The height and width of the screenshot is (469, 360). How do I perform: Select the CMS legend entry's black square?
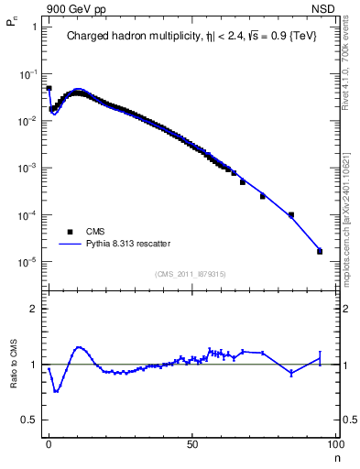pos(69,232)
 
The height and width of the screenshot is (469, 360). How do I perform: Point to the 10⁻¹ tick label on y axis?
pos(27,73)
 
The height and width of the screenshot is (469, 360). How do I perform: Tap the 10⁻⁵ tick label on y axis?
pos(27,263)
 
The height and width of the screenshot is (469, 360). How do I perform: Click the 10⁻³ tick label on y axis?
pos(27,169)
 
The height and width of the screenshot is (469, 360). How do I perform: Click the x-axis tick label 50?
pos(192,442)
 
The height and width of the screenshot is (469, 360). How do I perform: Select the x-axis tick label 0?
pos(49,442)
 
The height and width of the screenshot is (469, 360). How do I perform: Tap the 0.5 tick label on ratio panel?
pos(29,420)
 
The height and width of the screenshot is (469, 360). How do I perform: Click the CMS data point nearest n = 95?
pos(320,251)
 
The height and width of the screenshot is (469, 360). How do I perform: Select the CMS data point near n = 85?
pos(290,215)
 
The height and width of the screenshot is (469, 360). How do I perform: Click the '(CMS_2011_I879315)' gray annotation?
pos(191,272)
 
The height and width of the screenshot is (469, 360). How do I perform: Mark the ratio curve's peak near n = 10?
pos(80,347)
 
